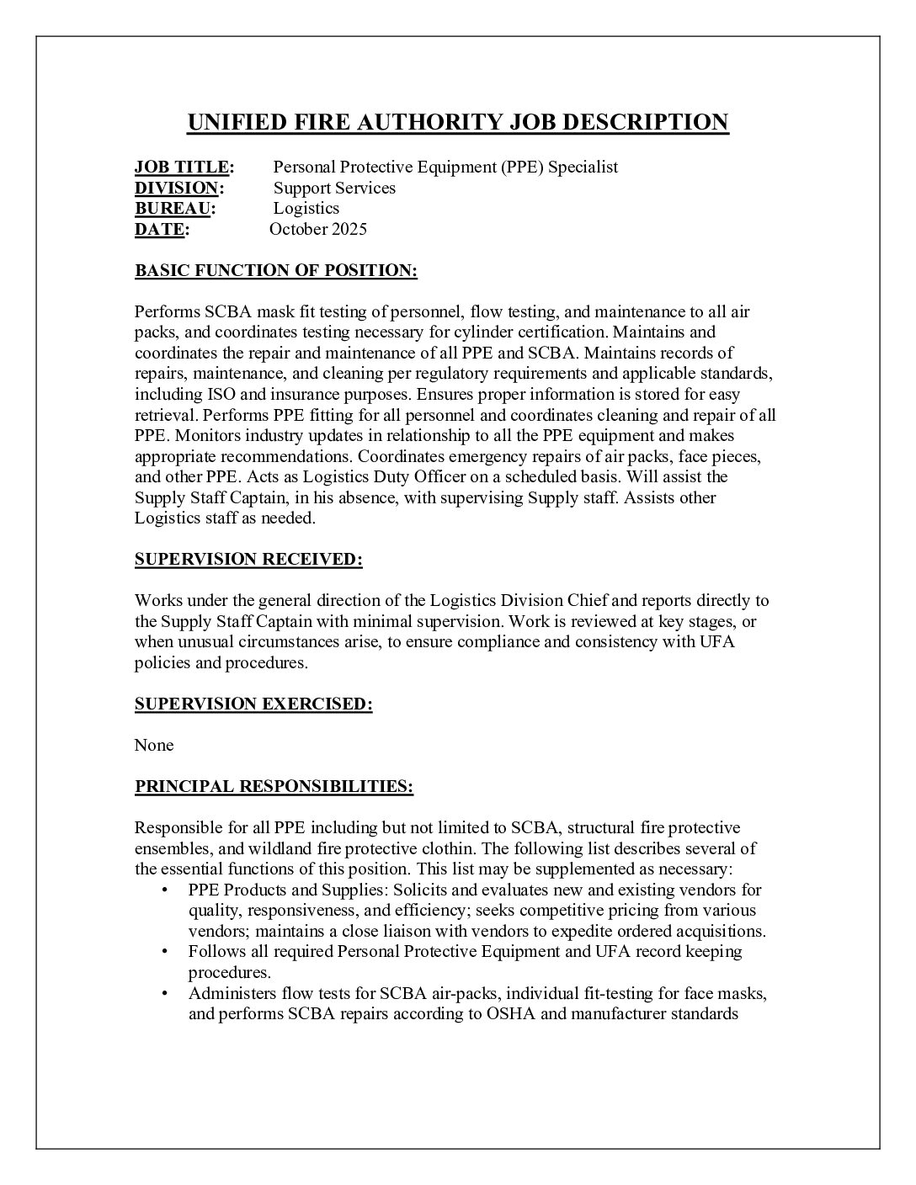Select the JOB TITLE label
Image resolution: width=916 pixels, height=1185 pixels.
tap(182, 167)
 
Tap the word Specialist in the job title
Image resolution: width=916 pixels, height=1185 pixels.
tap(583, 167)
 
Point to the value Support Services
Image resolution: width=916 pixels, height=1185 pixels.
tap(334, 188)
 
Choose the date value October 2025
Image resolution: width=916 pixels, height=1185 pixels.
tap(318, 229)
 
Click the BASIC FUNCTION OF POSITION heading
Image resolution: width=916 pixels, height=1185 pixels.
tap(276, 270)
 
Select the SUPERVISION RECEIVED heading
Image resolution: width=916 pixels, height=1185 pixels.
tap(248, 560)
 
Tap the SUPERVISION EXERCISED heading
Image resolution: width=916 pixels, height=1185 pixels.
tap(253, 704)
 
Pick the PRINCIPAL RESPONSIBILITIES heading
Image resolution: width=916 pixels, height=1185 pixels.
tap(274, 786)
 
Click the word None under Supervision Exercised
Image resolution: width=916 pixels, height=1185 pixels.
tap(154, 745)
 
